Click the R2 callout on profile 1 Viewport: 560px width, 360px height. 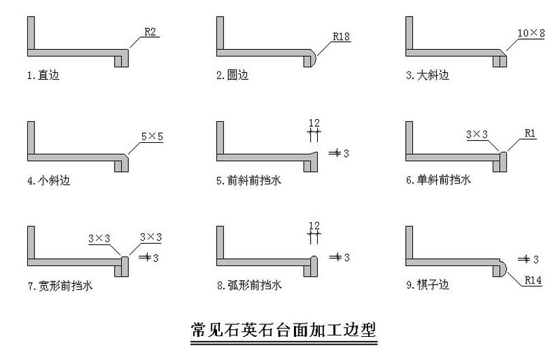point(150,32)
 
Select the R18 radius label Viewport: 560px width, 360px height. point(342,34)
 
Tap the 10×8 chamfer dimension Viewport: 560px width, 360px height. point(530,32)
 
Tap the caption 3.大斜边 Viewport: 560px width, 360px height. point(427,75)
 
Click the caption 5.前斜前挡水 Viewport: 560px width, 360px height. point(248,180)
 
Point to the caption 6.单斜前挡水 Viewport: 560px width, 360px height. point(438,180)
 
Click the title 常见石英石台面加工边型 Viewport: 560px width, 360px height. point(283,330)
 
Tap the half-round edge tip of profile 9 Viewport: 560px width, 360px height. point(503,268)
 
